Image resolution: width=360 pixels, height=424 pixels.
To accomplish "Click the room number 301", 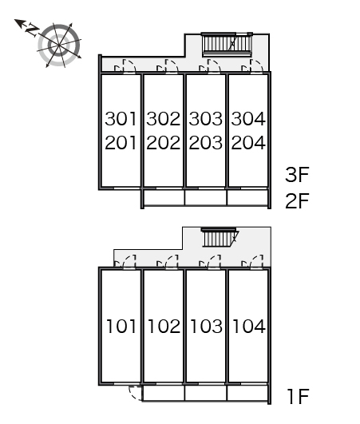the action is click(121, 119).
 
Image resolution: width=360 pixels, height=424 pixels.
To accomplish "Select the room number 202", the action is click(164, 143).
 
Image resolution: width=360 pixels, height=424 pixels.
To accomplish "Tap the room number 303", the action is click(206, 119).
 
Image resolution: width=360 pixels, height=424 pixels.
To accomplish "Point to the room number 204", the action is click(248, 143).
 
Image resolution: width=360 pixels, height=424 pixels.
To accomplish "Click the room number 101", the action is click(121, 326).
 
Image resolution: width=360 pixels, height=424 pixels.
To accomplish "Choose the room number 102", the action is click(164, 326).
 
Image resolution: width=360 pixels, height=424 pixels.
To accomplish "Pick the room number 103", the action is click(207, 326).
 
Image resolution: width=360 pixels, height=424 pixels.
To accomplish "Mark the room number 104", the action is click(249, 326).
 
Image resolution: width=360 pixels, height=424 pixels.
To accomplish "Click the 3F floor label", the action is click(297, 175).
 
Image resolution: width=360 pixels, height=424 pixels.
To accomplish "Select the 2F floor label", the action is click(297, 201).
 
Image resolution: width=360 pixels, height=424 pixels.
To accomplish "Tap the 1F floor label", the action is click(299, 397).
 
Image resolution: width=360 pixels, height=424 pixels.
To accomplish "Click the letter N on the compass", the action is click(32, 30).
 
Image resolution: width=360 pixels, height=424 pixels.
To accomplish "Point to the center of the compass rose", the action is click(59, 45).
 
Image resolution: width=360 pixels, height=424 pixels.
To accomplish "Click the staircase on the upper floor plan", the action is click(227, 45).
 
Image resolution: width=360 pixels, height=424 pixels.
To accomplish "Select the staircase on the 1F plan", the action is click(220, 237).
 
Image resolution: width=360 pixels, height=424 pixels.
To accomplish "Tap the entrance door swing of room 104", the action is click(256, 261).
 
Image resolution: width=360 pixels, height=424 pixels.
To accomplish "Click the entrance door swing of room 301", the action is click(129, 66).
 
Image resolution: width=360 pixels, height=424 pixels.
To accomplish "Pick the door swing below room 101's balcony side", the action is click(135, 393).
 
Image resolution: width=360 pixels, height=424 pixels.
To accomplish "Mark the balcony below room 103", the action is click(206, 393).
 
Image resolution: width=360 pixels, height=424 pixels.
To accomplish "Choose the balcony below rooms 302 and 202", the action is click(164, 198).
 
